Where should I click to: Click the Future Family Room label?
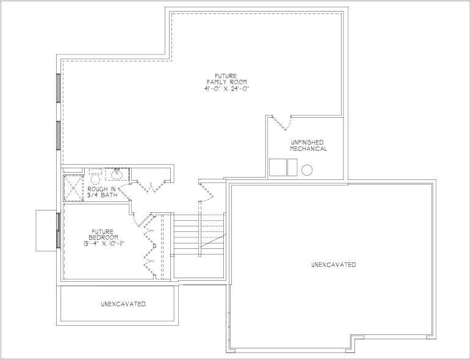point(226,79)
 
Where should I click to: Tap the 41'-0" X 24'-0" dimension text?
point(226,88)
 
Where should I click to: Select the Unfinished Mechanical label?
point(309,145)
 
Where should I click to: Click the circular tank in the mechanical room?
point(307,170)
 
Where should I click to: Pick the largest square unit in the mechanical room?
point(278,167)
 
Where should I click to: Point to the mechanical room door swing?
point(282,122)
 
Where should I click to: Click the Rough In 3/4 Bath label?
point(101,192)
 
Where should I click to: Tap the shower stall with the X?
point(73,188)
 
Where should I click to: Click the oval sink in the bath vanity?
point(117,175)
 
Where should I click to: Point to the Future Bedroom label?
point(103,234)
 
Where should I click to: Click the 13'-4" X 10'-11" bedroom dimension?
point(104,243)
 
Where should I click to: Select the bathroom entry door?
point(124,192)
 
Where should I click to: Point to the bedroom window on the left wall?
point(59,231)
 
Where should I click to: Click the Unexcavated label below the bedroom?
point(123,304)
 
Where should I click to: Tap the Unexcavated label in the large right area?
point(334,265)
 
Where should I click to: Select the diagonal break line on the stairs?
point(214,240)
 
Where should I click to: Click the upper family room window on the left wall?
point(59,88)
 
